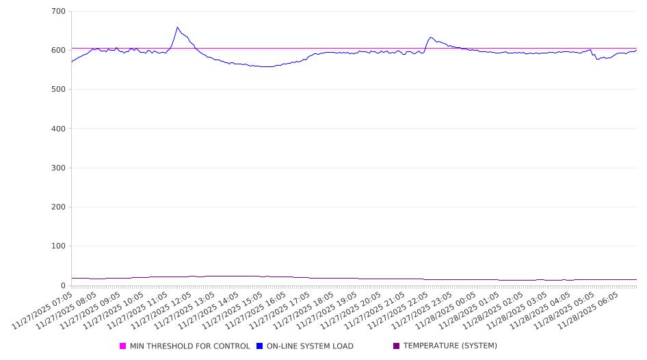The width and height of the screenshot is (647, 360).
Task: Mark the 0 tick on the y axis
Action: tap(62, 285)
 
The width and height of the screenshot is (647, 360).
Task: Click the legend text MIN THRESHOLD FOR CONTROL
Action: tap(189, 346)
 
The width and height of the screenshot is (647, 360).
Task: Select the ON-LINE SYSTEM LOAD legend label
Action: tap(310, 346)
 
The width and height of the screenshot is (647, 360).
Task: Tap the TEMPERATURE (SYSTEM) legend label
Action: tap(450, 346)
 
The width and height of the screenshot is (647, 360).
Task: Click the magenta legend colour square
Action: tap(123, 346)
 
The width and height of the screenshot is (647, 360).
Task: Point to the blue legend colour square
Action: tap(260, 346)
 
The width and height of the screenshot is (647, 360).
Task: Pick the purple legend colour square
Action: tap(396, 346)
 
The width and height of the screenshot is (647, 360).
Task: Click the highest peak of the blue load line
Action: tap(177, 27)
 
